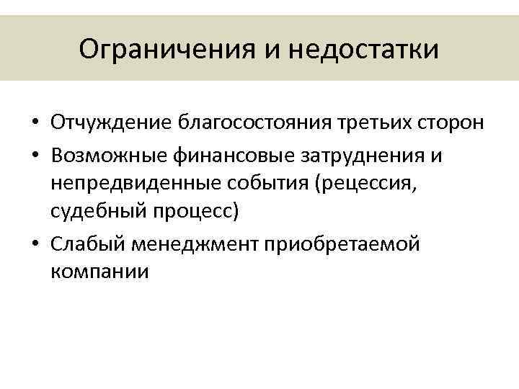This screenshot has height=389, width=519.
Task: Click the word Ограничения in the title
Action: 167,50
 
